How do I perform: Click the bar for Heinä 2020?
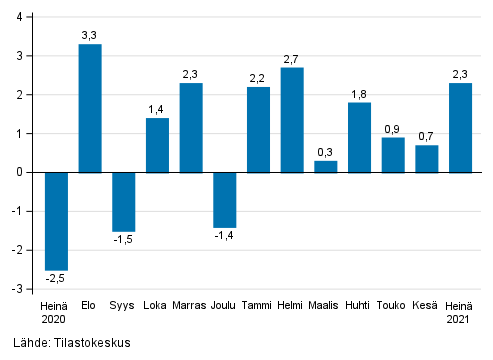click(56, 220)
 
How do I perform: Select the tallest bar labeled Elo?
click(90, 108)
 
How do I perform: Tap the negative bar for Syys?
click(123, 201)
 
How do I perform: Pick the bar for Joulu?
click(225, 199)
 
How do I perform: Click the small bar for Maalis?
click(326, 166)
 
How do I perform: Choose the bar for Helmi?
click(292, 120)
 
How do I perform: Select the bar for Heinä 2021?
click(461, 127)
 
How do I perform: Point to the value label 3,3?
click(90, 35)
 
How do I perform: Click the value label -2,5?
click(56, 278)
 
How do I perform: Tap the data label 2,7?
click(292, 59)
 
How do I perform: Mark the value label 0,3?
click(326, 152)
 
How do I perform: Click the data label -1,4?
click(225, 235)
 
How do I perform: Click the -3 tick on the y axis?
click(17, 289)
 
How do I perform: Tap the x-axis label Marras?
click(191, 306)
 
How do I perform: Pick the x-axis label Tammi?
click(258, 306)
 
